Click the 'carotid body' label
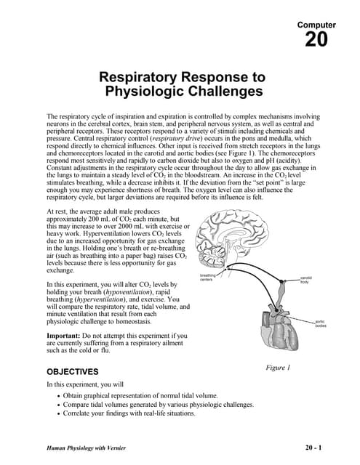305,279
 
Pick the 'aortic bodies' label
321,324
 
